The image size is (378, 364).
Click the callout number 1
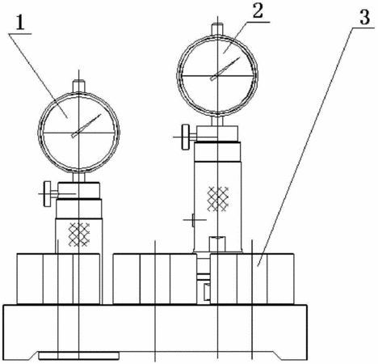pos(19,23)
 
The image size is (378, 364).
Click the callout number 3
pos(364,17)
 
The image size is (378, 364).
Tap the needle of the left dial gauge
pos(86,126)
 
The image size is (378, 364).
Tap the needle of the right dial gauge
pos(225,69)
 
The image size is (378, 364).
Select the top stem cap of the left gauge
pos(79,86)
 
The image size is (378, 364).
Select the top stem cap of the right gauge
pos(217,29)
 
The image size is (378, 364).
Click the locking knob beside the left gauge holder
pos(48,194)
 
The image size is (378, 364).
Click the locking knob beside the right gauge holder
pos(186,137)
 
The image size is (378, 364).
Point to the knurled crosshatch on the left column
pos(79,235)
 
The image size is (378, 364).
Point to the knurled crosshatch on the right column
pos(217,199)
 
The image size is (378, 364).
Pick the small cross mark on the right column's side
pos(194,220)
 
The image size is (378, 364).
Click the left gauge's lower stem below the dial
pos(79,177)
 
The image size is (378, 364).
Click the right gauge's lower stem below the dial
pos(217,121)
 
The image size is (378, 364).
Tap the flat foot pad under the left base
pos(79,355)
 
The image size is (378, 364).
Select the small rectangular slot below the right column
pos(207,292)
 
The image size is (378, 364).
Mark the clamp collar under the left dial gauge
pos(79,191)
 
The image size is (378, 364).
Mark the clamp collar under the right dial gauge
pos(217,133)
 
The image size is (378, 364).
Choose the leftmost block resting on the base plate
pos(58,279)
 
